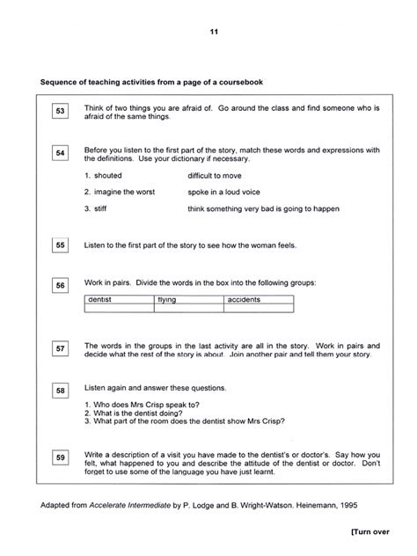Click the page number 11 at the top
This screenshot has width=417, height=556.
click(213, 33)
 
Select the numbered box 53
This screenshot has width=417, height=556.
click(60, 111)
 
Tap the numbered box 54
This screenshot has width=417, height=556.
click(60, 154)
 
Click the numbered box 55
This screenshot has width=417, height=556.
click(60, 245)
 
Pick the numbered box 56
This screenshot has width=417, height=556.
click(60, 286)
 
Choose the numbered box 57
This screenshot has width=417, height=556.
click(60, 349)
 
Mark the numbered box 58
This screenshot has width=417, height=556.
click(60, 391)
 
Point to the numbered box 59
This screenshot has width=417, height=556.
click(60, 457)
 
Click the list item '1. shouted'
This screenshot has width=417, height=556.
click(103, 176)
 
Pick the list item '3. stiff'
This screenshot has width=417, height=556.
click(97, 208)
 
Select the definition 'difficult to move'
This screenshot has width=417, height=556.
click(219, 176)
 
